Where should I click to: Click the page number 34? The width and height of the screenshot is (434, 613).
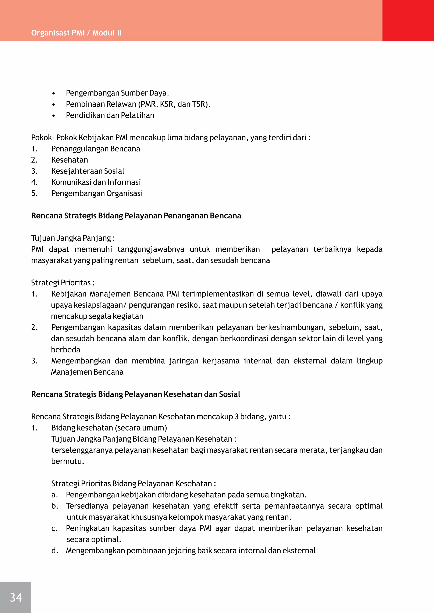point(15,597)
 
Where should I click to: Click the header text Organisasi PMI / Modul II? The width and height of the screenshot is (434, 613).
point(76,33)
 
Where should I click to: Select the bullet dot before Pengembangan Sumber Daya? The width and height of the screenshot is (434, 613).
point(54,93)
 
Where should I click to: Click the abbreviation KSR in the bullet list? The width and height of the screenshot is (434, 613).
point(167,104)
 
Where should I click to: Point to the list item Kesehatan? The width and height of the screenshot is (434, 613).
point(70,160)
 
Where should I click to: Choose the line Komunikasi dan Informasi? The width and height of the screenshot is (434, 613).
point(96,182)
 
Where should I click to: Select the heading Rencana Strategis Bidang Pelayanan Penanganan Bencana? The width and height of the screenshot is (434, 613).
point(136,216)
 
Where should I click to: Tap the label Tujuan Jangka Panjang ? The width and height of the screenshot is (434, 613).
point(73,238)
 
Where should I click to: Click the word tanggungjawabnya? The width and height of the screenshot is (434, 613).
point(151,249)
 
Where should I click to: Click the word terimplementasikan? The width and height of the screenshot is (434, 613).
point(218,294)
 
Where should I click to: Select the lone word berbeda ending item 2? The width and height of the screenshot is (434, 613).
point(66,350)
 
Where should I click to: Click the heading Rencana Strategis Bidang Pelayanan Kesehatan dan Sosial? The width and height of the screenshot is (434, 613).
point(135,394)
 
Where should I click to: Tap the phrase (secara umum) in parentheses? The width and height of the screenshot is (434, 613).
point(141,428)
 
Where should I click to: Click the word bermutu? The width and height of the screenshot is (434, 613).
point(68,461)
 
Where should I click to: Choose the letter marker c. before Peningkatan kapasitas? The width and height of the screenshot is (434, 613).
point(54,528)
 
